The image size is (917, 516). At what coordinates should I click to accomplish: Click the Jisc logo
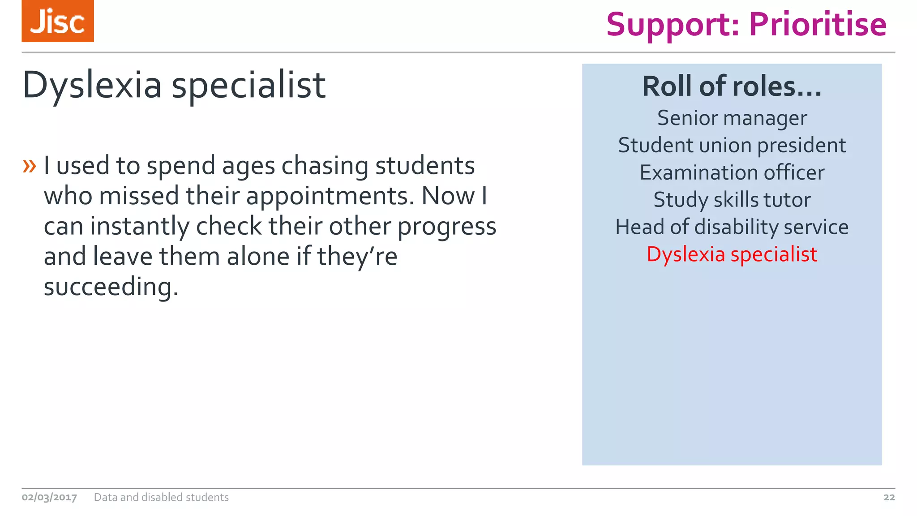(x=58, y=21)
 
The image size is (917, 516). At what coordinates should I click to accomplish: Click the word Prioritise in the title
(x=818, y=25)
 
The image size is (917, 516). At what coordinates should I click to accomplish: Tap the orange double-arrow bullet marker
(x=29, y=166)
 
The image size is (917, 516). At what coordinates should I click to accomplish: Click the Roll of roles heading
(x=732, y=86)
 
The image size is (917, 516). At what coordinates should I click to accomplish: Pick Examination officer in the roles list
(x=732, y=173)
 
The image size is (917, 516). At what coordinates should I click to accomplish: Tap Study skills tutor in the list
(x=732, y=200)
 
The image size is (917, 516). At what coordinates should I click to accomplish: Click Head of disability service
(x=732, y=227)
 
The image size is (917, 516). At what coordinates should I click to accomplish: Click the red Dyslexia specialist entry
(x=732, y=254)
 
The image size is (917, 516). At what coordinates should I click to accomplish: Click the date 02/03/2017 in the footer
(x=49, y=497)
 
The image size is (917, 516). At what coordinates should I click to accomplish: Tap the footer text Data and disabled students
(x=161, y=497)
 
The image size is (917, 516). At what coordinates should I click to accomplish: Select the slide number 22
(x=889, y=497)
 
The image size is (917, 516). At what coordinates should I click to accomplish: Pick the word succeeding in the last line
(x=111, y=288)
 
